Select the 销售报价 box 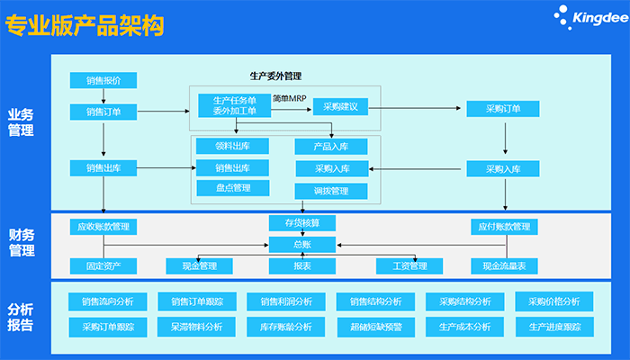click(x=103, y=80)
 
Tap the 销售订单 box click(x=103, y=112)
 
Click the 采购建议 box click(x=341, y=107)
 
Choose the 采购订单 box click(x=503, y=109)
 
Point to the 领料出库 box click(x=232, y=145)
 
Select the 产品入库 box click(x=330, y=146)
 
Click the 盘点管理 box click(x=232, y=188)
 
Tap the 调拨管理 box click(x=330, y=191)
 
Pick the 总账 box click(x=301, y=243)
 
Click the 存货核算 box click(x=301, y=222)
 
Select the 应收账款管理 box click(x=103, y=227)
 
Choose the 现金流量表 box click(x=503, y=265)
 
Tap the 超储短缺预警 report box click(x=375, y=327)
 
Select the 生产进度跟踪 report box click(x=554, y=327)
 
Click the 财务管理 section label click(x=22, y=242)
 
